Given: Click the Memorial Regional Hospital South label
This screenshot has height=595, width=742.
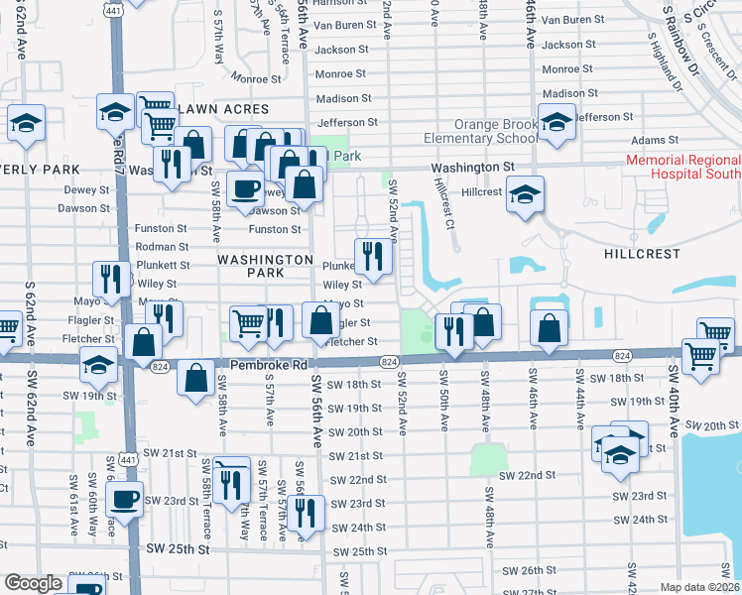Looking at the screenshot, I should coord(682,167).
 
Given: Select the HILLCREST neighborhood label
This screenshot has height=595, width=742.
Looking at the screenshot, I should coord(643,254).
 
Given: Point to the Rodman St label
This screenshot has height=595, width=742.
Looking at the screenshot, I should coord(162,246).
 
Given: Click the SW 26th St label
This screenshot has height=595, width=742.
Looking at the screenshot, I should coord(530,571).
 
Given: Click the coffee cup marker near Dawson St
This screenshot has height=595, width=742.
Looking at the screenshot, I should coord(245,187).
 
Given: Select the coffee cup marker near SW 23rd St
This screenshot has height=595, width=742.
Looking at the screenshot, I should coord(124,498).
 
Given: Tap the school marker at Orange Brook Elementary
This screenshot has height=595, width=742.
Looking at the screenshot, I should coord(556,122).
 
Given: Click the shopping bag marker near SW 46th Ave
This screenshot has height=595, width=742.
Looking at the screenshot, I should coord(548,328).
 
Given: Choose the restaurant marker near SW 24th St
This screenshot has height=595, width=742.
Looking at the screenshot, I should coord(306,512).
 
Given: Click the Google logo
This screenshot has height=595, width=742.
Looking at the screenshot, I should coord(33,583).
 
